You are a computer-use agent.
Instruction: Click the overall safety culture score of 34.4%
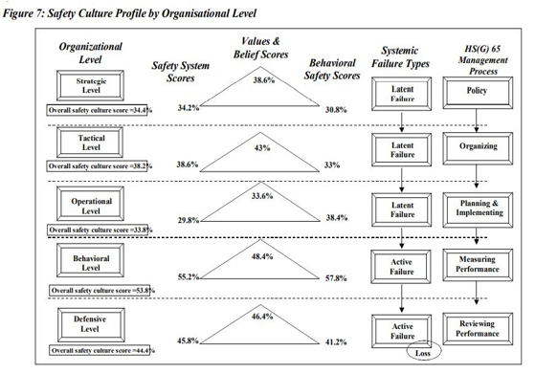coord(94,112)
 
